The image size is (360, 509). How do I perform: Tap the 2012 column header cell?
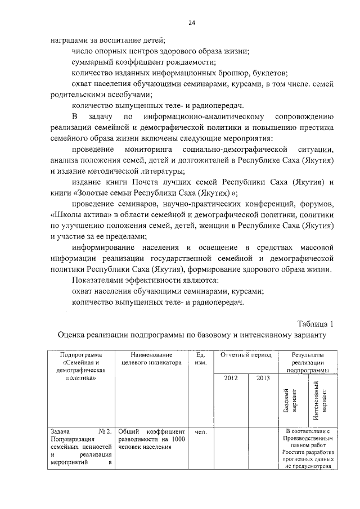coord(231,378)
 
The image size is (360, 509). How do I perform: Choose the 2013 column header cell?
coord(263,378)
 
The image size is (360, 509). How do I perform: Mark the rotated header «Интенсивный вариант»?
coord(319,401)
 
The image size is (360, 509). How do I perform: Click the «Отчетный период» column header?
coord(246,356)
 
